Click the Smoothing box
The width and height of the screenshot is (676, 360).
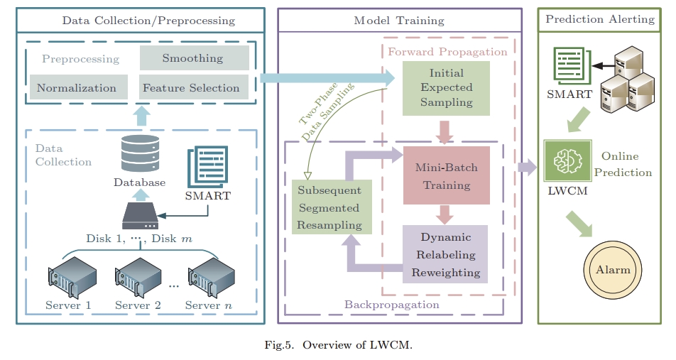(x=194, y=58)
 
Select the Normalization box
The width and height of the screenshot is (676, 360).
(x=77, y=88)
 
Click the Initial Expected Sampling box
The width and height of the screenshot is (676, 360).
(x=446, y=88)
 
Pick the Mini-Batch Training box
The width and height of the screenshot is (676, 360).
(x=446, y=176)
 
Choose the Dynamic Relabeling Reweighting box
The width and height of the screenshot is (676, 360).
(x=446, y=254)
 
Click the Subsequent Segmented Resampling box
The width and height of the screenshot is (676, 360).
(x=329, y=208)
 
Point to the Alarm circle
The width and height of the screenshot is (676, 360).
(x=612, y=271)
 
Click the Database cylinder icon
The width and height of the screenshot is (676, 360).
(x=139, y=152)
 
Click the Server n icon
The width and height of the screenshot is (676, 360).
(x=211, y=278)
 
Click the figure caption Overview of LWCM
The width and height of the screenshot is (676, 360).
(x=337, y=345)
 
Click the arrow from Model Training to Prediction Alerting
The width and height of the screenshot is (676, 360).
(x=527, y=168)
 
